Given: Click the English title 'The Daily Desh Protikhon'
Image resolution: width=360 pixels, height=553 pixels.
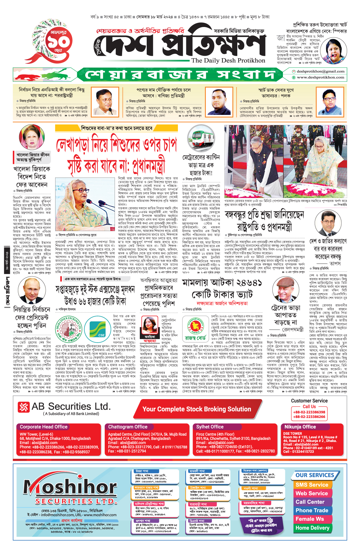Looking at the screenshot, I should pyautogui.click(x=228, y=60).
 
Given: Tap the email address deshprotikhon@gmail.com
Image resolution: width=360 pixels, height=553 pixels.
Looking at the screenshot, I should pyautogui.click(x=320, y=71).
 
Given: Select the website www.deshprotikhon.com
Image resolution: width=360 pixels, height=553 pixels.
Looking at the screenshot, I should pyautogui.click(x=320, y=77).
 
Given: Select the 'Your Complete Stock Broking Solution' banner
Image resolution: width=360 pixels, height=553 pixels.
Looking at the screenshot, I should pyautogui.click(x=196, y=409).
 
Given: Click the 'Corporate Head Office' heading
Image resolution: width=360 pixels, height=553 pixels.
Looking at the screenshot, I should pyautogui.click(x=44, y=427).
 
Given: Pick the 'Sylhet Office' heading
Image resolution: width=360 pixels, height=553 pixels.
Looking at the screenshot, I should pyautogui.click(x=210, y=427).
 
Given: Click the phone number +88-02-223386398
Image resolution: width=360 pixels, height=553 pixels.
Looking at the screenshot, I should pyautogui.click(x=309, y=412).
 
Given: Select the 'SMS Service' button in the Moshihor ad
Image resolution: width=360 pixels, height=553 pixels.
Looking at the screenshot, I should pyautogui.click(x=312, y=485).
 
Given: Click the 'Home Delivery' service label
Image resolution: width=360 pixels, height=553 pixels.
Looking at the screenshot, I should pyautogui.click(x=312, y=528).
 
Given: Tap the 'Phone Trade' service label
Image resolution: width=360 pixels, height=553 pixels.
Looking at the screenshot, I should pyautogui.click(x=312, y=510).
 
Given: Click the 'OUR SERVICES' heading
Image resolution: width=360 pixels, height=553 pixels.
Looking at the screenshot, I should pyautogui.click(x=315, y=475).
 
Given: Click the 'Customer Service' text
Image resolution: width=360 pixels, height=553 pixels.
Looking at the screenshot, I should pyautogui.click(x=309, y=401).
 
